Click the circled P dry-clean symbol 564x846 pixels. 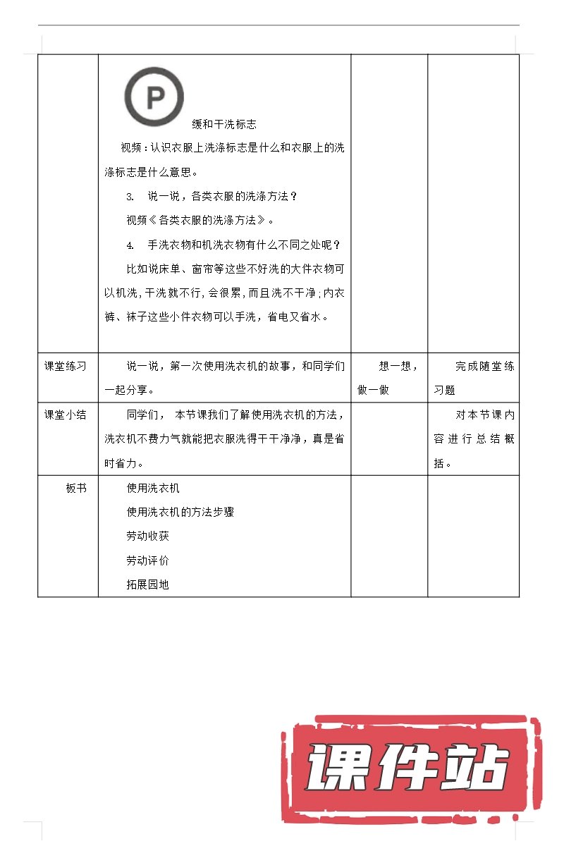click(x=154, y=97)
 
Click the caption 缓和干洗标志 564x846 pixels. click(x=224, y=124)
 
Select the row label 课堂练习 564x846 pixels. click(x=66, y=366)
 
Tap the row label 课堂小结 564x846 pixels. click(x=66, y=415)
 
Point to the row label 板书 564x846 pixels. click(x=76, y=488)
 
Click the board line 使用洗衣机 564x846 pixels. click(x=153, y=488)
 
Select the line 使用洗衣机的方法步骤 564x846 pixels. click(x=180, y=512)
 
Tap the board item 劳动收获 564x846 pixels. click(x=147, y=536)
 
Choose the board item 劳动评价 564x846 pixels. click(x=147, y=560)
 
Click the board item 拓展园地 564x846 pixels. click(x=147, y=584)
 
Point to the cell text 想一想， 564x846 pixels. click(x=398, y=366)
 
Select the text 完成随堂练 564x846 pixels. click(x=484, y=366)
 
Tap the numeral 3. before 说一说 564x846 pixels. click(x=130, y=196)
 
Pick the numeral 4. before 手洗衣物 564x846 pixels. click(x=130, y=245)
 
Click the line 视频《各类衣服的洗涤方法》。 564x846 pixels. click(x=200, y=221)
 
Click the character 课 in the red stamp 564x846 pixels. click(x=336, y=768)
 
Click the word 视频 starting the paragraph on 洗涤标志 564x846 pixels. click(x=131, y=148)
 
